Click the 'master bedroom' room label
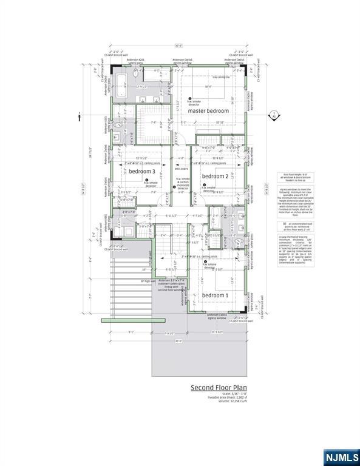click(x=208, y=111)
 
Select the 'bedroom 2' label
click(x=214, y=176)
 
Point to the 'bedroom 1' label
click(x=214, y=295)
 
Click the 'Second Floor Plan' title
click(x=219, y=387)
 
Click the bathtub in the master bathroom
click(x=120, y=81)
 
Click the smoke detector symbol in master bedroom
click(x=190, y=99)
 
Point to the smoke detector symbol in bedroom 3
click(x=146, y=180)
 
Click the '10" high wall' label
click(x=149, y=281)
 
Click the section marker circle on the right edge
click(x=274, y=113)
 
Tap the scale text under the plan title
click(x=219, y=394)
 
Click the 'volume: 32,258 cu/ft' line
click(x=219, y=402)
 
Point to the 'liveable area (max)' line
click(x=219, y=398)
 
